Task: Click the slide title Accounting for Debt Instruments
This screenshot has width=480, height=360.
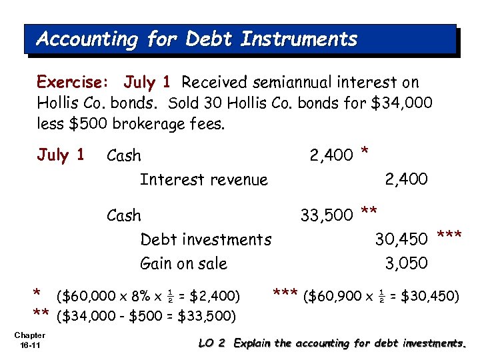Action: point(197,39)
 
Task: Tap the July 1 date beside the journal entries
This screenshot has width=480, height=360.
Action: point(61,155)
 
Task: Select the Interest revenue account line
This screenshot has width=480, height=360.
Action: point(203,179)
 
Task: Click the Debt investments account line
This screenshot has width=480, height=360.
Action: point(205,239)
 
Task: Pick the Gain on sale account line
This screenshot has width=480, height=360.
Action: point(183,263)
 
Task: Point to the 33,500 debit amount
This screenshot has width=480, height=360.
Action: point(327,216)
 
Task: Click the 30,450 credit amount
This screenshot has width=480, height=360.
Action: point(401,239)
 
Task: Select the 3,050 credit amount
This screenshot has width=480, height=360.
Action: point(407,263)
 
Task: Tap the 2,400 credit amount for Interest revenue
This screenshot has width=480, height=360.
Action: point(407,179)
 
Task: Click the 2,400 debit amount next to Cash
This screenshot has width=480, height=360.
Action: point(331,156)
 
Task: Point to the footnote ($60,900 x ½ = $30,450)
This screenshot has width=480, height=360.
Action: point(381,294)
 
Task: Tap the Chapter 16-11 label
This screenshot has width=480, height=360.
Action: point(29,339)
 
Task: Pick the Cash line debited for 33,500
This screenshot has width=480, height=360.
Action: point(124,216)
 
